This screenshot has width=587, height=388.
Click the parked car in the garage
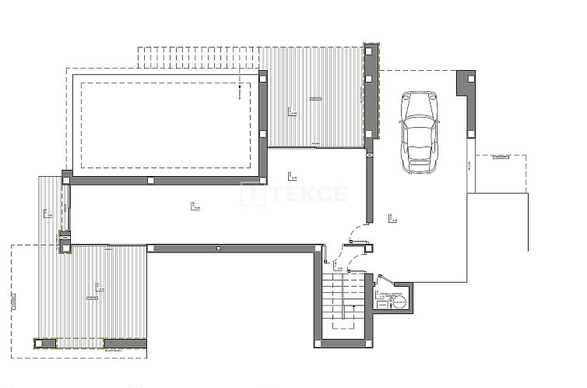point(420,132)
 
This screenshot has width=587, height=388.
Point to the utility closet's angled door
point(384,280)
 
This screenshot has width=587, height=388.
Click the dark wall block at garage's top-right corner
point(467,81)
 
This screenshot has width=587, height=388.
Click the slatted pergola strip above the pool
point(199,58)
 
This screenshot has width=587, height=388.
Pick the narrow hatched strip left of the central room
point(50,206)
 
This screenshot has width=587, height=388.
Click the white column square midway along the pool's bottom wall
point(150,180)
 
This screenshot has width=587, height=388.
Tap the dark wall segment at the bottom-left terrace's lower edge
point(125,342)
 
